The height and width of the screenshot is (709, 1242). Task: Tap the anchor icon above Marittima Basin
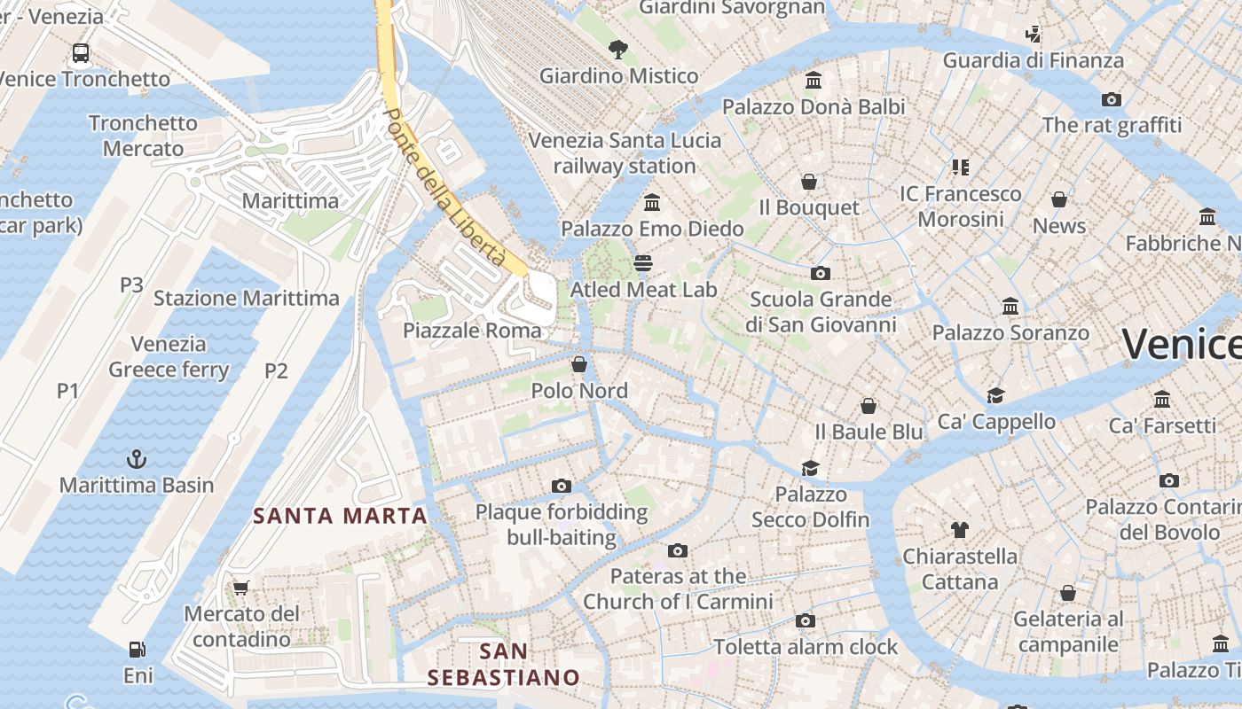tap(137, 459)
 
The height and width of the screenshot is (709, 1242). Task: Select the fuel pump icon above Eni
tap(137, 650)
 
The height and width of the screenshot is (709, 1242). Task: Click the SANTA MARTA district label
tap(340, 515)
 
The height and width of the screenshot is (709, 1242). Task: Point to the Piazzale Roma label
tap(471, 331)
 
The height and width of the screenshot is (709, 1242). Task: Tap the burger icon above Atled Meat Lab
tap(643, 263)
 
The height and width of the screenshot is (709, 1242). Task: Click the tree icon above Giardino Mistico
tap(618, 50)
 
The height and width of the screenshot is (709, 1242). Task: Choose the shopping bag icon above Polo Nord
tap(579, 364)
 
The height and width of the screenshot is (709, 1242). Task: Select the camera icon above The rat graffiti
tap(1111, 99)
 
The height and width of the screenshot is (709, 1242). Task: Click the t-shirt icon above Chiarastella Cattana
tap(959, 530)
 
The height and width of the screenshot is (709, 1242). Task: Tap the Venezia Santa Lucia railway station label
tap(625, 153)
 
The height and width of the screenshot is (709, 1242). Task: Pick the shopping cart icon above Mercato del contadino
tap(240, 587)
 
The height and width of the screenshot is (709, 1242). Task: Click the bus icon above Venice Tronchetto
tap(81, 53)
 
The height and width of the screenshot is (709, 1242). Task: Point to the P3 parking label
tap(131, 284)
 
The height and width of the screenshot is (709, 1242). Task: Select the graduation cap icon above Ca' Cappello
tap(995, 395)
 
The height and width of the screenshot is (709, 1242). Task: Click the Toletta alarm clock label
tap(806, 647)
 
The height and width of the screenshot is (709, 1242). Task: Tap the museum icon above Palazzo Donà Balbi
tap(813, 81)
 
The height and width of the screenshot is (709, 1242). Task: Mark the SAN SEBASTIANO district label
tap(503, 665)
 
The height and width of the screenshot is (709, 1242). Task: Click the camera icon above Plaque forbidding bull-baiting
tap(561, 486)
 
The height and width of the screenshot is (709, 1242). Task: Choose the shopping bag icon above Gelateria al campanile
tap(1068, 592)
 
